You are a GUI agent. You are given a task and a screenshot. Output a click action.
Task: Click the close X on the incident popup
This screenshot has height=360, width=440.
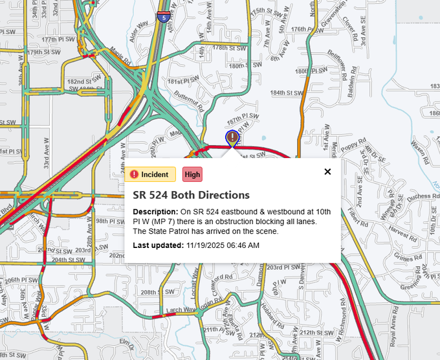[x=327, y=172]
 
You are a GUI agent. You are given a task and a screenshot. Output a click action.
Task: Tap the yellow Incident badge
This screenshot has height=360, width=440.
[x=150, y=174]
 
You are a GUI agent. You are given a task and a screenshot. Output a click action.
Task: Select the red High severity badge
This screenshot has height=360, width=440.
[x=192, y=174]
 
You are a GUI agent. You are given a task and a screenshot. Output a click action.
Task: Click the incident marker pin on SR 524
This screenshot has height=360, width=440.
[x=232, y=138]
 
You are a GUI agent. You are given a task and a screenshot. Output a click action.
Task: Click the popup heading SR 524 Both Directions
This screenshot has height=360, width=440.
[x=191, y=195]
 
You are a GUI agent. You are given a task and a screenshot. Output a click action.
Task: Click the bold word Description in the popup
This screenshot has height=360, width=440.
[x=154, y=212]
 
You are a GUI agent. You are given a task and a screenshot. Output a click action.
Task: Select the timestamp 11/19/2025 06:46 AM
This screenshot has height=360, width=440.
[x=223, y=245]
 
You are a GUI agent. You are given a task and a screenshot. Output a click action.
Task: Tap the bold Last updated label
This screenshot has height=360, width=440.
[x=158, y=245]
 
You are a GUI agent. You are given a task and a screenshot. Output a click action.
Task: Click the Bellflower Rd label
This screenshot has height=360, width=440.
[x=338, y=60]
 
